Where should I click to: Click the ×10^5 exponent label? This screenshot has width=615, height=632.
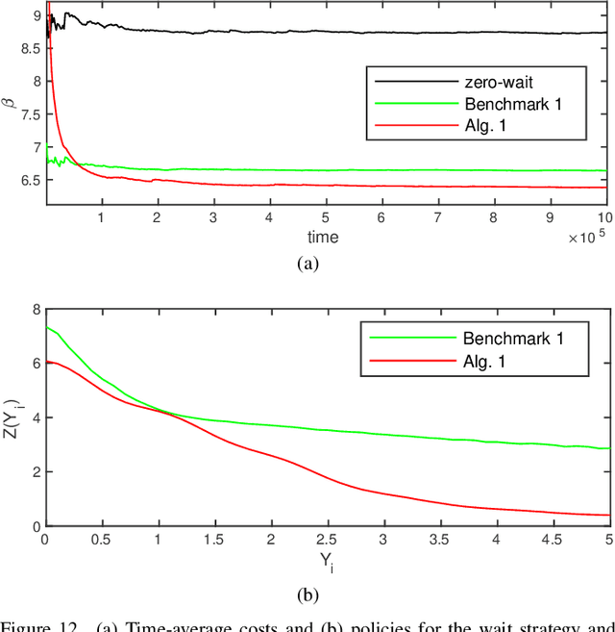coord(587,237)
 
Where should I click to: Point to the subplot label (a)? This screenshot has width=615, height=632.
coord(307,265)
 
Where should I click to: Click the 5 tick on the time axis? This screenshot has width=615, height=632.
coord(326,218)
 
